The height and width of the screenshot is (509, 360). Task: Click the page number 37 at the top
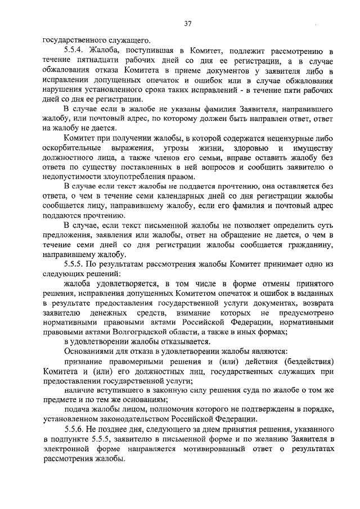pos(188,23)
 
